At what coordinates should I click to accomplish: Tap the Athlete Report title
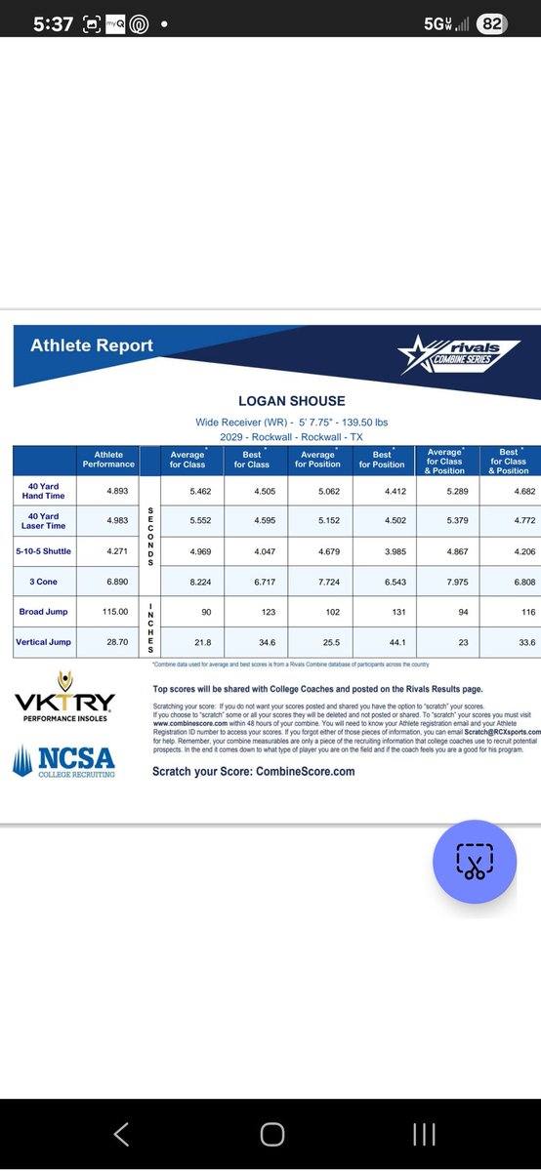click(92, 345)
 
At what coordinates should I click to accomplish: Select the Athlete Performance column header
click(108, 459)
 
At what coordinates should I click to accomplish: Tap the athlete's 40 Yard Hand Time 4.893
click(108, 491)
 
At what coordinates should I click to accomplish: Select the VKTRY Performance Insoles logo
click(64, 708)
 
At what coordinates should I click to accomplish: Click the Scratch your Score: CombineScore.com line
click(253, 771)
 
